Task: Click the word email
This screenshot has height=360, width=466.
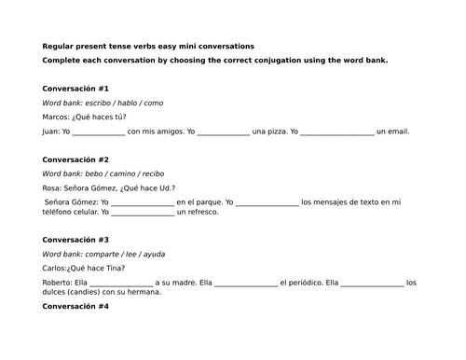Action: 397,132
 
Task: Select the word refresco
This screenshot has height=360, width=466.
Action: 202,213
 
